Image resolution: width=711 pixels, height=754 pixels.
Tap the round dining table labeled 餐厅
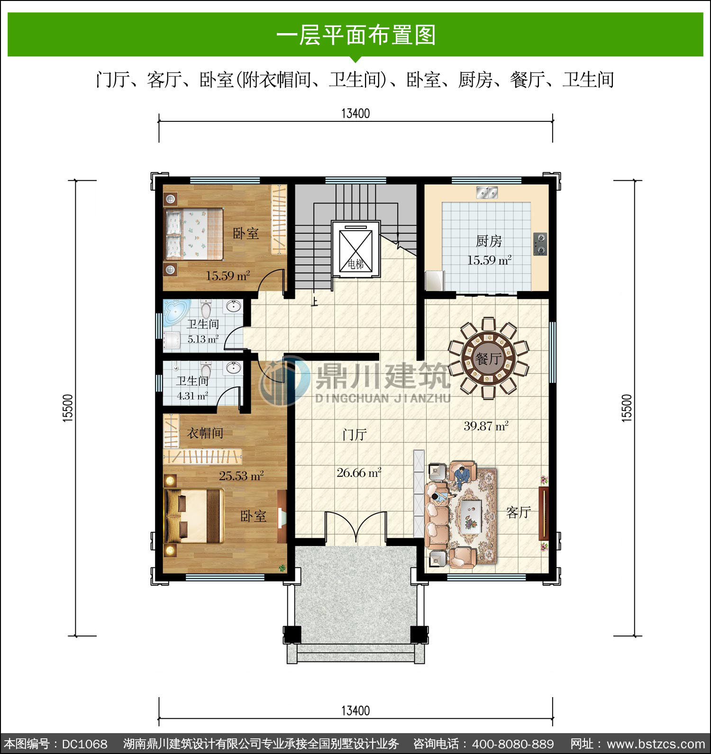click(488, 358)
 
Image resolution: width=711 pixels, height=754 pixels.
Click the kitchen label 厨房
click(489, 241)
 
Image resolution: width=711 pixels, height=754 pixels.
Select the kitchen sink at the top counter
click(487, 192)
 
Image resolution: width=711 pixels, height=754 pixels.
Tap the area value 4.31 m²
click(192, 396)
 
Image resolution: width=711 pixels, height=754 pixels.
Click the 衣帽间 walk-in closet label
click(205, 433)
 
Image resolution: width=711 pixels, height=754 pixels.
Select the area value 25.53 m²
click(241, 475)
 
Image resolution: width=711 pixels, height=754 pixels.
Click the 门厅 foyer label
click(355, 434)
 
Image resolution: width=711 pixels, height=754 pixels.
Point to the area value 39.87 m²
click(486, 426)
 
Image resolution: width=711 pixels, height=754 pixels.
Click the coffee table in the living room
click(472, 516)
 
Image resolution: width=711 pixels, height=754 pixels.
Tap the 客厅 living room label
click(518, 512)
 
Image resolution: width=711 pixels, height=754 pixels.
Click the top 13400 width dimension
click(355, 114)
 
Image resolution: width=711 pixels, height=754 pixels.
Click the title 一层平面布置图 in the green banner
click(356, 36)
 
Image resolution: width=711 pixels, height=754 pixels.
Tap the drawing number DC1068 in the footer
click(84, 744)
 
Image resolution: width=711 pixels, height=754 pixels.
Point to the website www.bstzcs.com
click(656, 744)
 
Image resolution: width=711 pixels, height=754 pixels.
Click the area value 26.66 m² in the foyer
click(359, 472)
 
